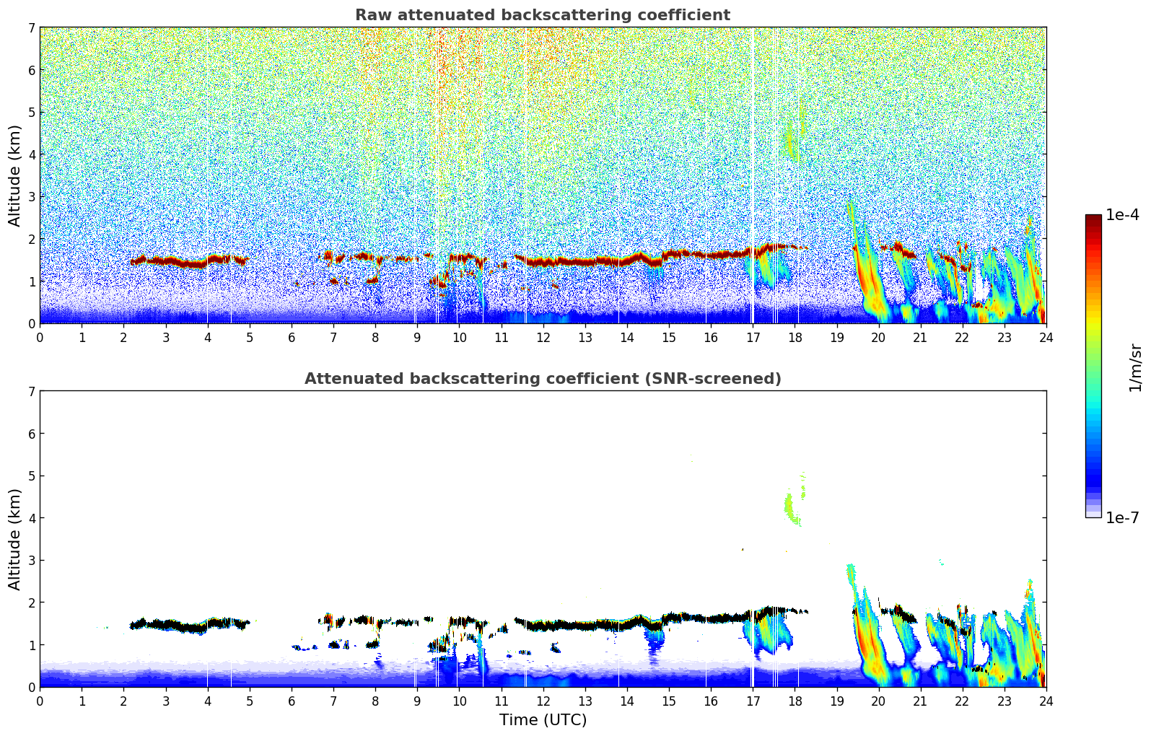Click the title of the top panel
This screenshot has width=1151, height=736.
click(x=542, y=15)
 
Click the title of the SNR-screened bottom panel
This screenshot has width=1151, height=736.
click(x=542, y=379)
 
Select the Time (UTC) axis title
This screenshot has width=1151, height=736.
click(x=543, y=720)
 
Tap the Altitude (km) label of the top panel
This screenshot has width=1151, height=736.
click(x=15, y=175)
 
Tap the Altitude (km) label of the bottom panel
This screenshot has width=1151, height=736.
click(x=15, y=539)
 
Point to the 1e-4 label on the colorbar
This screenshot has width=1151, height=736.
click(x=1122, y=215)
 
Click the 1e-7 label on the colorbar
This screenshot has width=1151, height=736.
click(x=1122, y=517)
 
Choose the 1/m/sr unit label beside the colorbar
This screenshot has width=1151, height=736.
click(x=1135, y=368)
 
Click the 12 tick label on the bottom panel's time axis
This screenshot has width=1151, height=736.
click(x=543, y=701)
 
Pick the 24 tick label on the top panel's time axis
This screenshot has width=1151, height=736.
click(x=1046, y=338)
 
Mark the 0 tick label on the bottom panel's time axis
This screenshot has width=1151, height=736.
click(x=40, y=701)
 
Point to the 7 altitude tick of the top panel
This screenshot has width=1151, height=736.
click(x=32, y=27)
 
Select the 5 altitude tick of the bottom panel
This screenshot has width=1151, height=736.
click(x=32, y=476)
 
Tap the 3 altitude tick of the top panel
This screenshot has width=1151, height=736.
click(x=32, y=196)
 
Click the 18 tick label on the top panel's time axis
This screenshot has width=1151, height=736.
click(x=794, y=338)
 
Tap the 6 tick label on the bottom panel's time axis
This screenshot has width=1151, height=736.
click(x=292, y=701)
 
